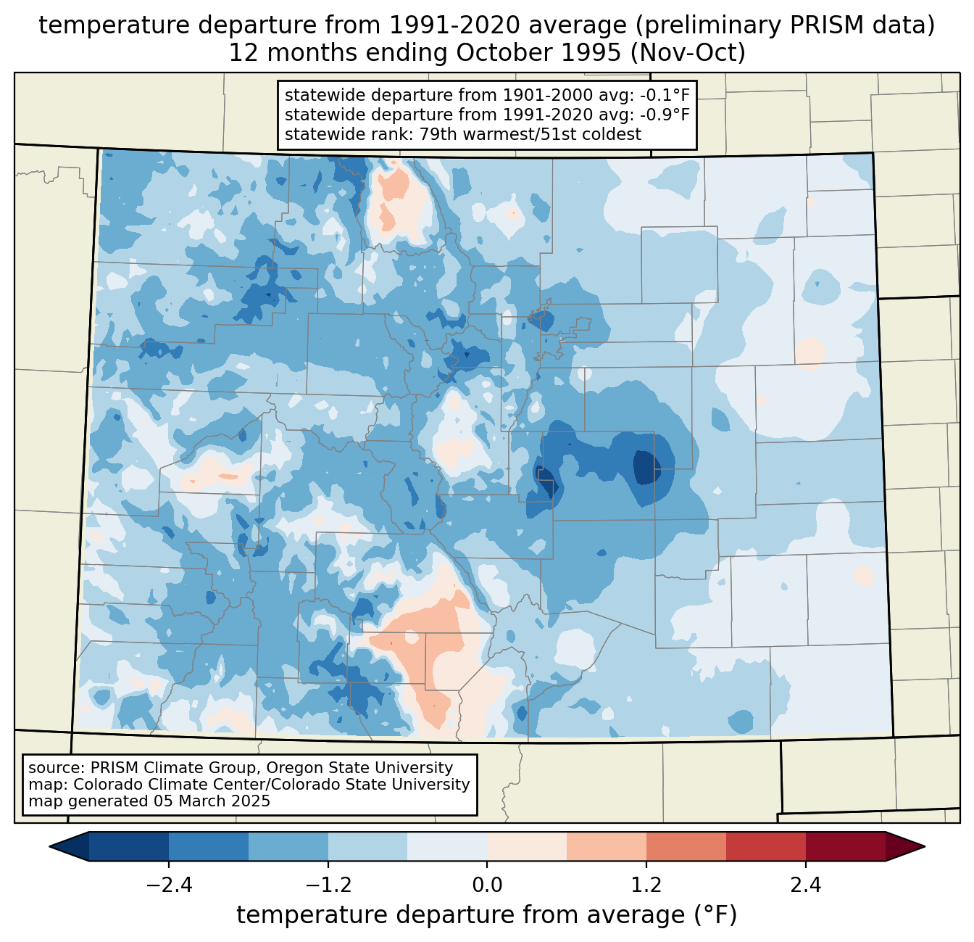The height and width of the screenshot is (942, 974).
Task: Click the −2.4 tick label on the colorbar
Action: click(x=169, y=885)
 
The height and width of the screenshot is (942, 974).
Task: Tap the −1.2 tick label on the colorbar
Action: click(x=328, y=885)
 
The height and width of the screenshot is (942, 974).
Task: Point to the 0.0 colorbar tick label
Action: click(x=487, y=885)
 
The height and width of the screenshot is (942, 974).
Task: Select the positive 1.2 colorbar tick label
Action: click(x=646, y=885)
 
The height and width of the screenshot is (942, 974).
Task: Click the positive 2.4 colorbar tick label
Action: click(x=806, y=885)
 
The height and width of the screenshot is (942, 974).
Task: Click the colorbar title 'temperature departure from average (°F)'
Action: click(x=487, y=915)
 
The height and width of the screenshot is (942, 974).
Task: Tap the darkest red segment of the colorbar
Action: click(x=845, y=846)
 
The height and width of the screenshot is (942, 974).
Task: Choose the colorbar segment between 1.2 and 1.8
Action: click(x=686, y=846)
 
